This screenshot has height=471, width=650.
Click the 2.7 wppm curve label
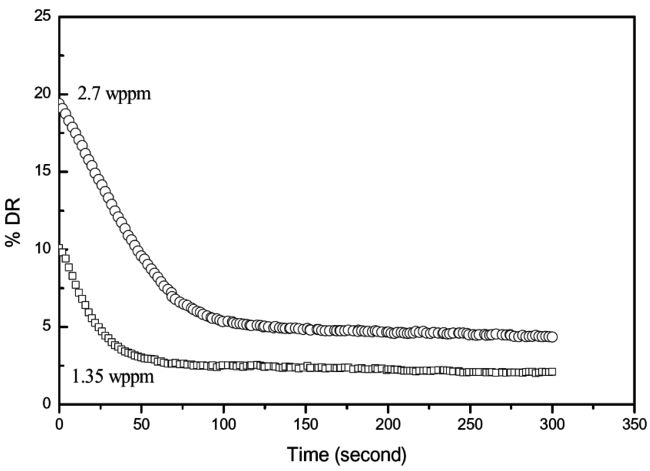114,96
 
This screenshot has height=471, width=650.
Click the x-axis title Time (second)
346,454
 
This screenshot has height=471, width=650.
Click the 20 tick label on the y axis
43,93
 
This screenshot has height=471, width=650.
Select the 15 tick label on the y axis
43,172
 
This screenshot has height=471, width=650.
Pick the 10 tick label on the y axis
43,249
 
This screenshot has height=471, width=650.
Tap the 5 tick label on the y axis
46,327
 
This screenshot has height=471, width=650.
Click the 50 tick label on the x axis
142,423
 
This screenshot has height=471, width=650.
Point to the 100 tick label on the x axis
223,423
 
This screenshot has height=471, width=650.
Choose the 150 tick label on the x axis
306,423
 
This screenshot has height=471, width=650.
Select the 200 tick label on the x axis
388,423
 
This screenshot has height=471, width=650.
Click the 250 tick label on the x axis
470,423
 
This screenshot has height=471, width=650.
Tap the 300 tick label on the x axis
552,423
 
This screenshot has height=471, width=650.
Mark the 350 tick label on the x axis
633,423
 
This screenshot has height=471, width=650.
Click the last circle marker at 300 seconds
552,337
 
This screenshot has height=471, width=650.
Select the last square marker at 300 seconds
552,371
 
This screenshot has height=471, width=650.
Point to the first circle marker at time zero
60,104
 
